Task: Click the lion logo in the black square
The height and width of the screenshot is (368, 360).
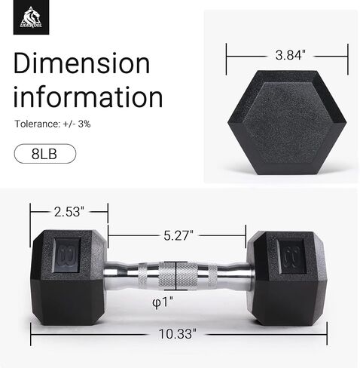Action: tap(31, 17)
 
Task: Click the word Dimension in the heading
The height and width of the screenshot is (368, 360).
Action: tap(81, 63)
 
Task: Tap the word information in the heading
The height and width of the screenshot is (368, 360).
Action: tap(88, 97)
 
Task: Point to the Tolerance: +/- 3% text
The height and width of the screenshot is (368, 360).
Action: tap(53, 124)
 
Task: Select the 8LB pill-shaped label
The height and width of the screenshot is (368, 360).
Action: tap(45, 154)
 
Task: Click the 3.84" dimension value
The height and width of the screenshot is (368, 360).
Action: tap(291, 55)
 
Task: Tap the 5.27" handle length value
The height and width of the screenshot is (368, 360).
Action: tap(178, 235)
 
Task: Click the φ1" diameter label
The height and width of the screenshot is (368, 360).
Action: tap(163, 302)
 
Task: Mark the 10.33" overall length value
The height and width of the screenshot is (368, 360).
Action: tap(177, 334)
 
